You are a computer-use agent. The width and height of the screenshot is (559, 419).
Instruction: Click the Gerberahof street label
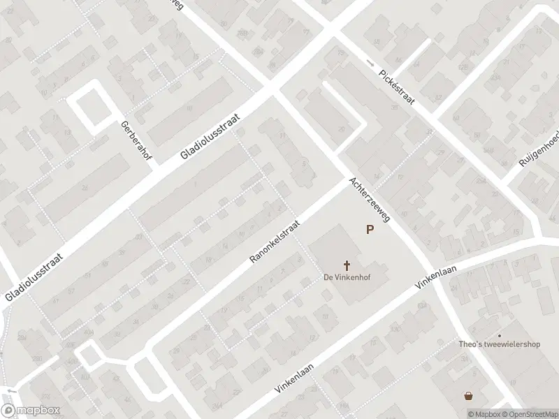136,137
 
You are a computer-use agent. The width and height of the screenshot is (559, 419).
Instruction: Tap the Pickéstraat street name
397,87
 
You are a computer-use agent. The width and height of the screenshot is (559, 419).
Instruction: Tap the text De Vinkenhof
346,277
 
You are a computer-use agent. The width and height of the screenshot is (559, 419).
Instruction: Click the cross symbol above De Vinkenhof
346,265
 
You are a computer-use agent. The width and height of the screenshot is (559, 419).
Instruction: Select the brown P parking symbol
370,229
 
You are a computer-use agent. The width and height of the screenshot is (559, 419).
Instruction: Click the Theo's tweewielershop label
499,344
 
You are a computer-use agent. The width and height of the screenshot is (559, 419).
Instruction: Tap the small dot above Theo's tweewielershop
499,335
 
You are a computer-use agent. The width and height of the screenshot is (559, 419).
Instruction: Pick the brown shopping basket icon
468,396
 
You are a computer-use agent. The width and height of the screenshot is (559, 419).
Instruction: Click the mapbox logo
31,411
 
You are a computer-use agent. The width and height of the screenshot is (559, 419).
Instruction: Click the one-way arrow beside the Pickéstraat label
370,61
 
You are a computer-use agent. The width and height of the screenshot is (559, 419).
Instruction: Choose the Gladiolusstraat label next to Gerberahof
210,136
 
